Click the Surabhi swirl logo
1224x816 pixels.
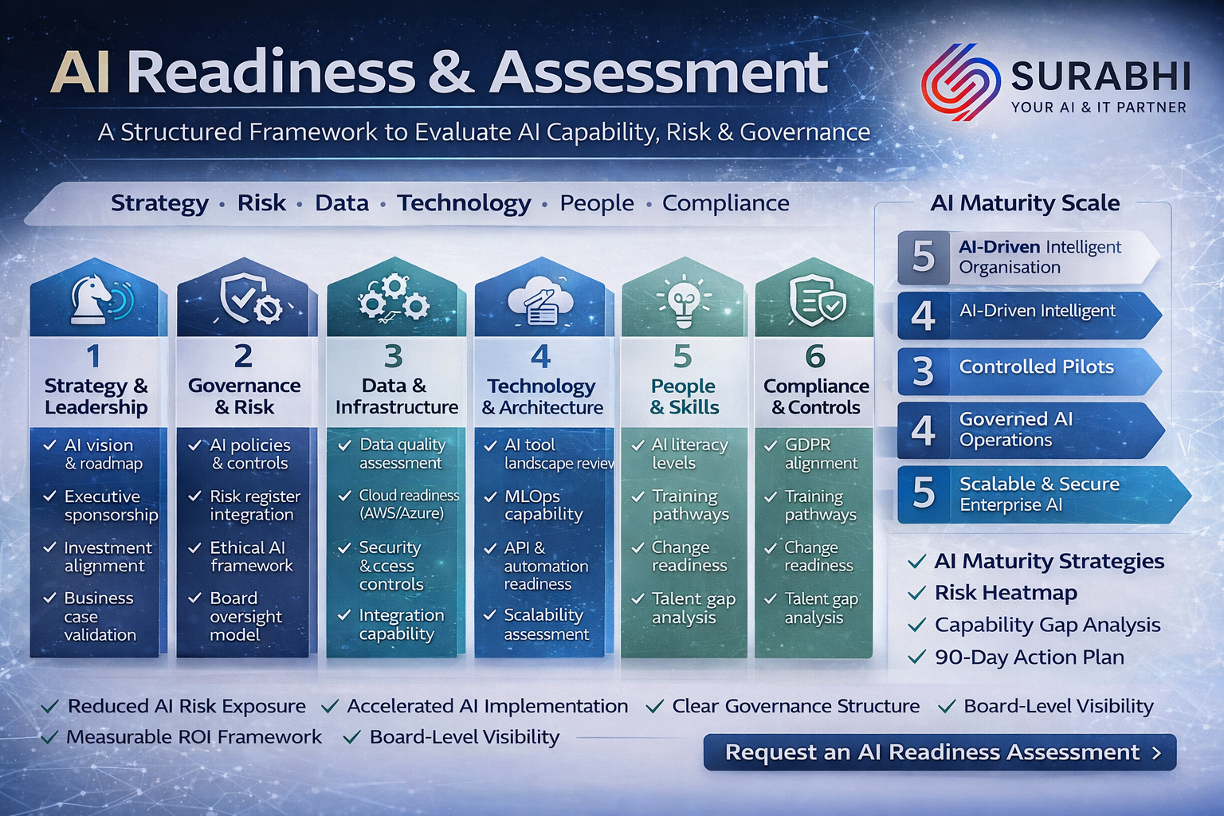click(x=960, y=82)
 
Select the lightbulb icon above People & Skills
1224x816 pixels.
click(x=684, y=301)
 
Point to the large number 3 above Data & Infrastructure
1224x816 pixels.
click(x=394, y=356)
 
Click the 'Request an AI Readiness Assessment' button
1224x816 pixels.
click(x=940, y=752)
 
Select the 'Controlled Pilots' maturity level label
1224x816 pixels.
click(x=1037, y=367)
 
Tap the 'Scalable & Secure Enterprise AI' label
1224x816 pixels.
click(x=1039, y=493)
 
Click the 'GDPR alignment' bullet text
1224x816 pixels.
click(x=821, y=453)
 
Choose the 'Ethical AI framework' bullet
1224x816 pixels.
click(x=251, y=556)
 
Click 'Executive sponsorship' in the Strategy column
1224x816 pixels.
click(x=111, y=505)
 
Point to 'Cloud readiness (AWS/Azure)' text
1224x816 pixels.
click(x=409, y=504)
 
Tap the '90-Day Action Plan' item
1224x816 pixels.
click(x=1029, y=657)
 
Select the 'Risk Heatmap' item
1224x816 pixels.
click(x=1006, y=592)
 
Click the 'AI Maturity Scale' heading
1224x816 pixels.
click(x=1025, y=202)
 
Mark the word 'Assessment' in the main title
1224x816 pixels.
click(x=658, y=73)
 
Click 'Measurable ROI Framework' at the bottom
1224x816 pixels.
click(x=194, y=737)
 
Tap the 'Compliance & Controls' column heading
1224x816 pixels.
click(x=816, y=396)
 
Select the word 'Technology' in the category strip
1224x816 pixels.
click(x=464, y=203)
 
